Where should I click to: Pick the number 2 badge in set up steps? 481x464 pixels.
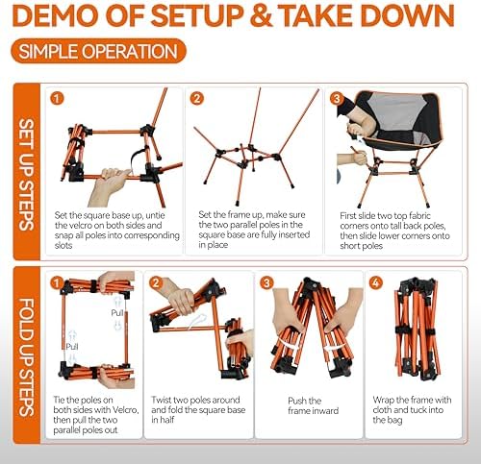198,98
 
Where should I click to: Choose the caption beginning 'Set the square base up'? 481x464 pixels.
112,227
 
